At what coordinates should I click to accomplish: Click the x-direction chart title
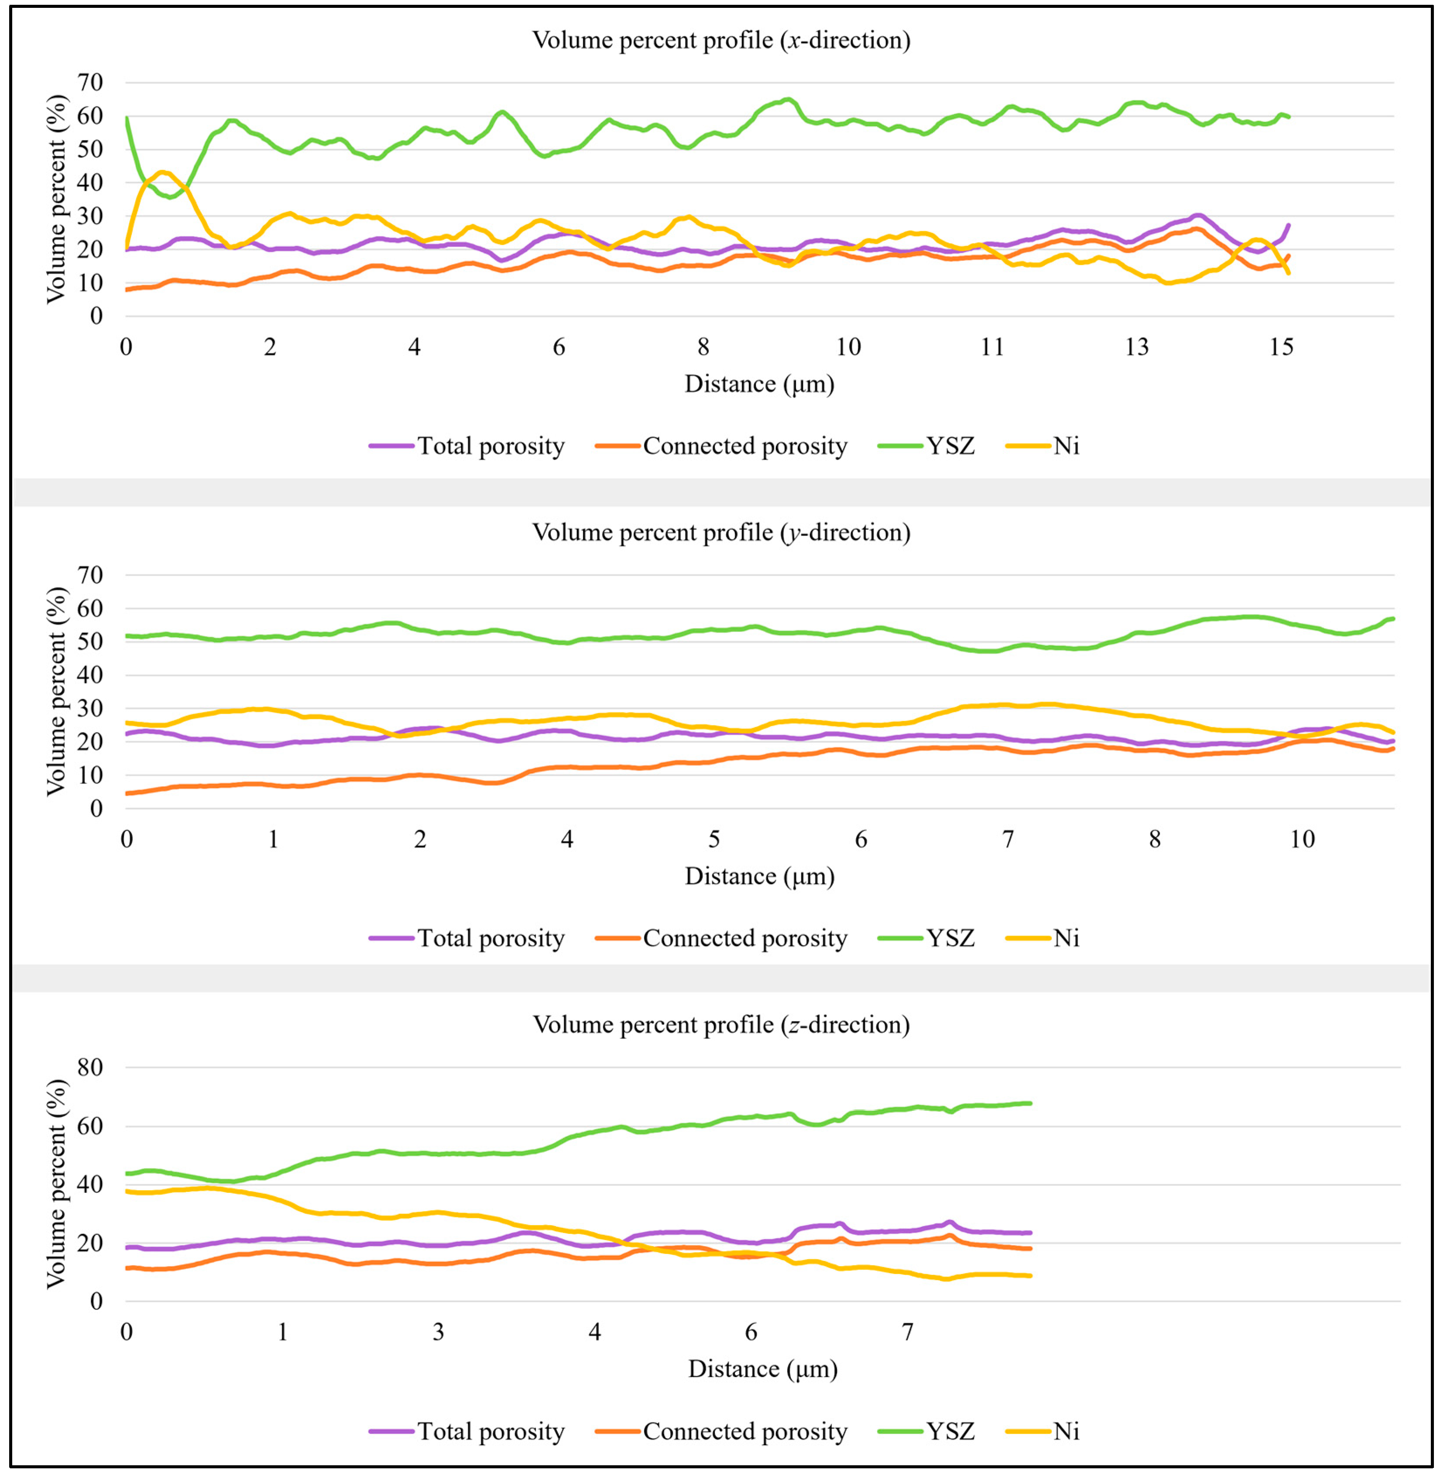(x=721, y=40)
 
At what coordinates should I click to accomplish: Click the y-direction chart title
(x=721, y=533)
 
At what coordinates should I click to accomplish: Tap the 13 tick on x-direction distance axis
(x=1137, y=347)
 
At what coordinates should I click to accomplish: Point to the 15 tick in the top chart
(x=1281, y=347)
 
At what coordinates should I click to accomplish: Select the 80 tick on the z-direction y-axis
(x=90, y=1068)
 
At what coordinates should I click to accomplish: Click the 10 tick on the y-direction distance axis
(x=1302, y=839)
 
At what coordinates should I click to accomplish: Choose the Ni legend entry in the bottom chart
(x=1066, y=1432)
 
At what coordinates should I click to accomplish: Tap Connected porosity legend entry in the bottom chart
(x=744, y=1432)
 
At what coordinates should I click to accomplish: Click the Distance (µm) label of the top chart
(x=759, y=385)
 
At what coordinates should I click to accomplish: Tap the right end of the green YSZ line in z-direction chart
(x=1030, y=1103)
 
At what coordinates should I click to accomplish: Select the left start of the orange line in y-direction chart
(x=127, y=793)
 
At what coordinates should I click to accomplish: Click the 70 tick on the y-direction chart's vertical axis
(x=90, y=575)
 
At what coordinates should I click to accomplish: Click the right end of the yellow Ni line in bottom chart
(x=1030, y=1276)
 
